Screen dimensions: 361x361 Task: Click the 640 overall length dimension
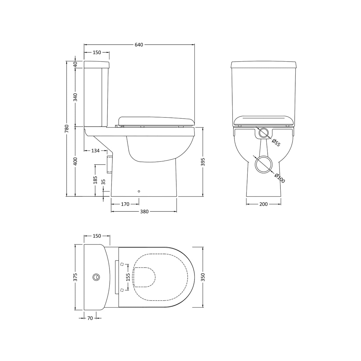coord(139,45)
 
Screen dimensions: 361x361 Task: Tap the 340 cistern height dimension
coord(76,97)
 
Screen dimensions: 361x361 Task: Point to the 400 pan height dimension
coord(76,161)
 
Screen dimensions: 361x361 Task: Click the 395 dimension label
coord(203,161)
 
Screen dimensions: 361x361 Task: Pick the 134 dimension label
coord(95,151)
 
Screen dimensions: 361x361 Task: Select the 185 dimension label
coord(95,180)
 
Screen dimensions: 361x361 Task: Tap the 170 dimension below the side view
coord(125,204)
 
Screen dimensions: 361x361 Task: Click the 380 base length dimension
coord(144,212)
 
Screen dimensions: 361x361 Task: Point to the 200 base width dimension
coord(263,204)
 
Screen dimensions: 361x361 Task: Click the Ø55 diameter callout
coord(276,143)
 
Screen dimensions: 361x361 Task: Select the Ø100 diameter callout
coord(280,178)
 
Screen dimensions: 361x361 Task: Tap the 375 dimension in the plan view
coord(76,277)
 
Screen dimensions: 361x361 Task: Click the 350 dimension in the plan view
coord(203,277)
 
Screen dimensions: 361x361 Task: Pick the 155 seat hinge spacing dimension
coord(128,277)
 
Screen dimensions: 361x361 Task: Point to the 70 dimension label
coord(90,318)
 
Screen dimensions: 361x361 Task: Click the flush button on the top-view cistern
coord(96,277)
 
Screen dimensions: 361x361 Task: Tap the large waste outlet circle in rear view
coord(263,164)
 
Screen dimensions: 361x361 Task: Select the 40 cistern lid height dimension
coord(76,64)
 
